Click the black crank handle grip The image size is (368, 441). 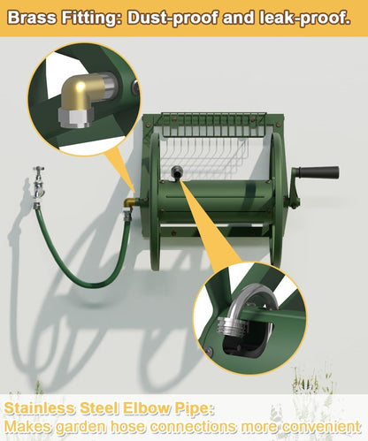coord(318,172)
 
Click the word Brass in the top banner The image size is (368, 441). coord(32,18)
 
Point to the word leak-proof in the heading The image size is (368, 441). coord(305,19)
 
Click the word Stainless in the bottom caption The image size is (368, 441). coord(40,408)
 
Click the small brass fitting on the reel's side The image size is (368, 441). coord(129,202)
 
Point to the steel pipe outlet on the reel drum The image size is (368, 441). coord(177,171)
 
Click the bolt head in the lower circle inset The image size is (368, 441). coord(209,351)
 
